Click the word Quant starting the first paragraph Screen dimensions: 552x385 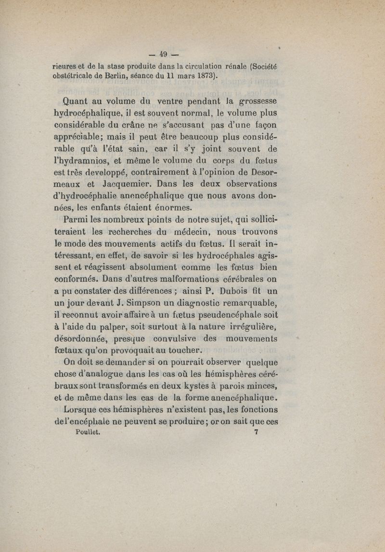click(x=78, y=102)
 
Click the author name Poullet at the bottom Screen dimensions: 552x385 click(x=87, y=431)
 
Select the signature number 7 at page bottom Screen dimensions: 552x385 click(x=256, y=431)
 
